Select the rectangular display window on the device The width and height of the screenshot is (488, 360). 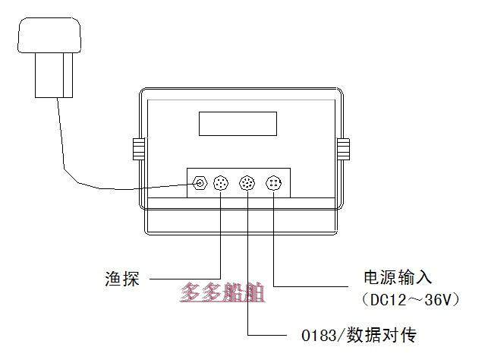237,122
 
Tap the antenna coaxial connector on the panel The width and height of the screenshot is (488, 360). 200,183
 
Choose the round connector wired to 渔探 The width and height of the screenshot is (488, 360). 221,183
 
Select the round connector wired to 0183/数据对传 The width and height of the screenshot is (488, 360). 247,183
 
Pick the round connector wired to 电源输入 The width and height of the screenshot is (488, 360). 273,183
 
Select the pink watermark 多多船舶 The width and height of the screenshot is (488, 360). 222,293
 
